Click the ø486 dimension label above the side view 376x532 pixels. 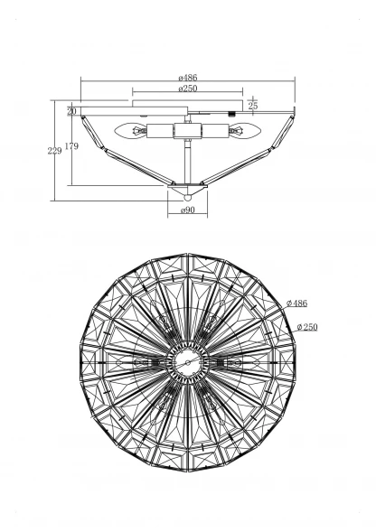(x=188, y=78)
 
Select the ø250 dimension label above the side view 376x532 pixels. (x=188, y=89)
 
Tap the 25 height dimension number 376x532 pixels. (x=253, y=106)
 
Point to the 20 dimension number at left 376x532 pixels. (x=71, y=111)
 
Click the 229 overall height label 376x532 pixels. (x=54, y=151)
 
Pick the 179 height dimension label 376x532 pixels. (x=71, y=146)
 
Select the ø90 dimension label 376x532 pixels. (x=188, y=210)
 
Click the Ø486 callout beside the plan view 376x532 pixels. (x=296, y=303)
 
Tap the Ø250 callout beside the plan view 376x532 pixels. (x=307, y=327)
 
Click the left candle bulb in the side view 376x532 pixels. (x=131, y=131)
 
